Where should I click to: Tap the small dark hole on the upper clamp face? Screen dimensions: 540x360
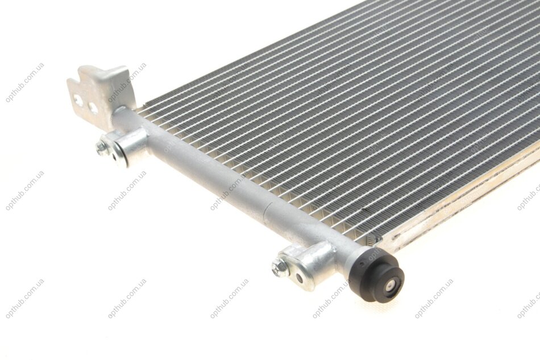pos(114,156)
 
